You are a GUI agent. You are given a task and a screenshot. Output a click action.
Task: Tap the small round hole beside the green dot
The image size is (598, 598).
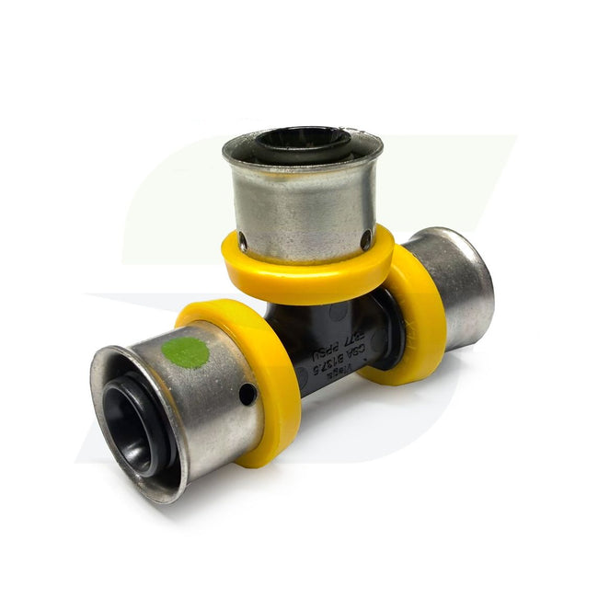point(247,394)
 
